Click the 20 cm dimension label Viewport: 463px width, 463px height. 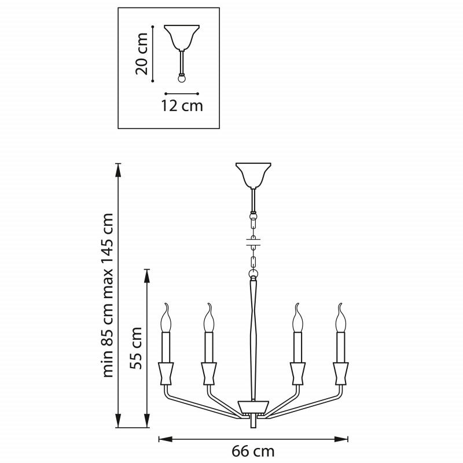[141, 53]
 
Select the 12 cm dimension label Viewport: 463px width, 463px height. [182, 106]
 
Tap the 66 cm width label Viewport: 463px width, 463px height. [253, 451]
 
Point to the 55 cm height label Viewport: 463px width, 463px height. [136, 348]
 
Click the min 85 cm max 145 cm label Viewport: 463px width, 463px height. [107, 295]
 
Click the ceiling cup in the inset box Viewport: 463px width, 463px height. [182, 38]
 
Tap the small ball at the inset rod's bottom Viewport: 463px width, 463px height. [182, 79]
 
